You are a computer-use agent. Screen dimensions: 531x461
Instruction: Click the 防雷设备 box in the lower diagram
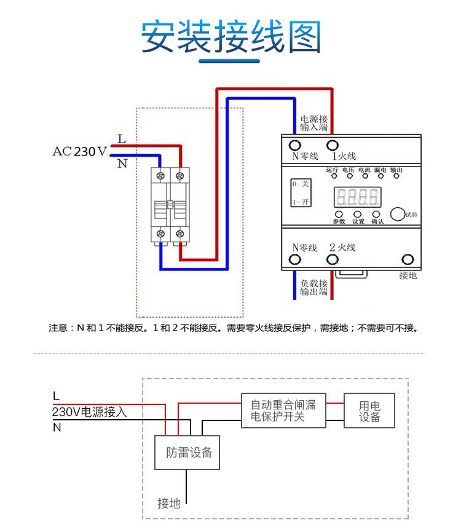(187, 453)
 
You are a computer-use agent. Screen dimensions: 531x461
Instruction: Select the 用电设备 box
(369, 411)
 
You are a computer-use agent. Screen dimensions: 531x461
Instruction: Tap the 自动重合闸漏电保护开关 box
(283, 411)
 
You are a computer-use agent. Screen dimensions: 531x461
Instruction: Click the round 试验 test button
(398, 214)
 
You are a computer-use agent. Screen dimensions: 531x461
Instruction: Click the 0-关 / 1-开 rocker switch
(301, 192)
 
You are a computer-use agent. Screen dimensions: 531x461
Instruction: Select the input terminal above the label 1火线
(332, 146)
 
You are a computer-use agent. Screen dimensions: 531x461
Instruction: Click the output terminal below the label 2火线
(332, 260)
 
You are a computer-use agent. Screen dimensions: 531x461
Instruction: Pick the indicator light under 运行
(333, 176)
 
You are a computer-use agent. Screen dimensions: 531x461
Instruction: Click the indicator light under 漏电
(380, 176)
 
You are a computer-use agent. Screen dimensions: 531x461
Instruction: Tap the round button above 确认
(376, 214)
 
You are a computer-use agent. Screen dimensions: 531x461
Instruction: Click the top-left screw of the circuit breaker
(161, 176)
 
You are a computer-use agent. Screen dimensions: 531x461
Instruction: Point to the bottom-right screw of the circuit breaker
(179, 234)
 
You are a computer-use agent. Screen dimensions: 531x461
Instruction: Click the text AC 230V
(79, 151)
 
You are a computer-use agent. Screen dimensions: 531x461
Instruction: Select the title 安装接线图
(230, 37)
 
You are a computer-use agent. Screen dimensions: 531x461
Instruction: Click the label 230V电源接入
(90, 412)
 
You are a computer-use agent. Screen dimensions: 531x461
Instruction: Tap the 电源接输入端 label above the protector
(313, 123)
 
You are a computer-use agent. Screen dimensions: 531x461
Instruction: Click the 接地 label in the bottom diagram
(169, 503)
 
